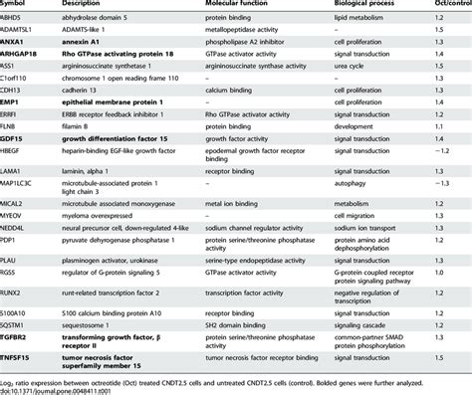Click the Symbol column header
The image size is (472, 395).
click(x=16, y=6)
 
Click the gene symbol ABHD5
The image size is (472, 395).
click(x=16, y=19)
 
